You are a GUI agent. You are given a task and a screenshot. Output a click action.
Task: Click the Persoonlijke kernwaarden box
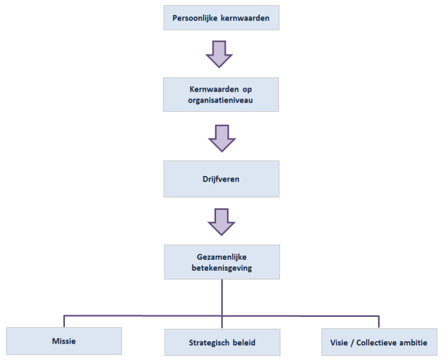pyautogui.click(x=221, y=17)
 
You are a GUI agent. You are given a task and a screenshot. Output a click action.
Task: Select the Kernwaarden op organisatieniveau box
pyautogui.click(x=221, y=94)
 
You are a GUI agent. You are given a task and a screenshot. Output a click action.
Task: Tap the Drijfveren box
pyautogui.click(x=221, y=178)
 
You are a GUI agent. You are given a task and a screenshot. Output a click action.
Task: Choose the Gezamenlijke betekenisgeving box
pyautogui.click(x=221, y=262)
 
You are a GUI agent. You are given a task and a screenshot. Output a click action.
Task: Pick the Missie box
pyautogui.click(x=64, y=341)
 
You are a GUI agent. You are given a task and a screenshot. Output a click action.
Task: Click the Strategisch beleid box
pyautogui.click(x=221, y=342)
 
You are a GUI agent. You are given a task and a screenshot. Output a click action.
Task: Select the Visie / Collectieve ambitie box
pyautogui.click(x=379, y=342)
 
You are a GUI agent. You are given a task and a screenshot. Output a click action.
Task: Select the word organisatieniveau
pyautogui.click(x=221, y=100)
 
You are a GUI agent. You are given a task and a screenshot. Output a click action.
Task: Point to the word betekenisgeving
pyautogui.click(x=221, y=267)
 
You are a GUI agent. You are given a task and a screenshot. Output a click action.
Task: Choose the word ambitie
pyautogui.click(x=414, y=342)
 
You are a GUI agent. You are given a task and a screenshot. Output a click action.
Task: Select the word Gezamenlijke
pyautogui.click(x=221, y=257)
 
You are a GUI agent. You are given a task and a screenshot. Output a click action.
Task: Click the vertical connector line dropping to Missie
pyautogui.click(x=64, y=321)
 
